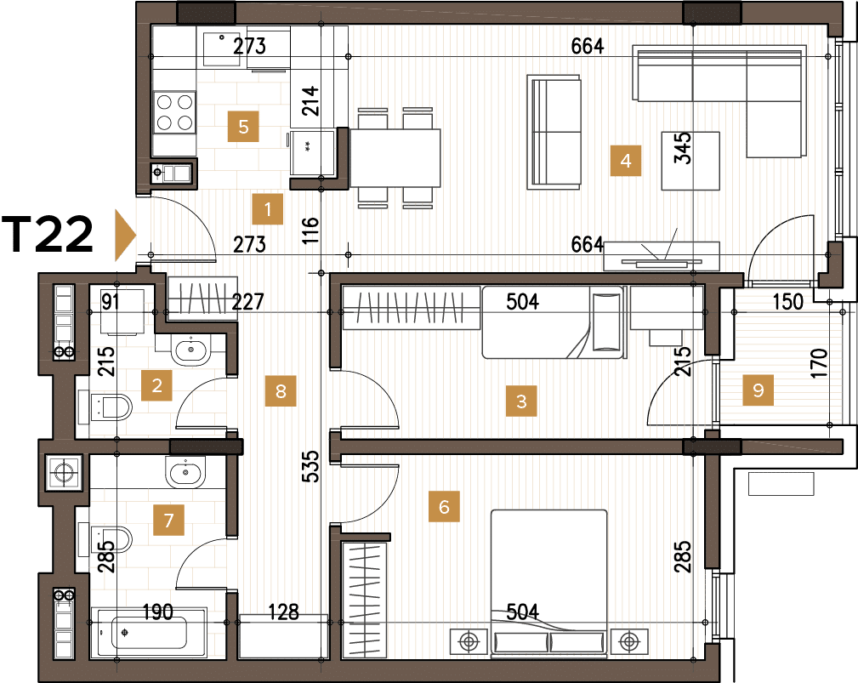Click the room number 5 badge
pos(243,128)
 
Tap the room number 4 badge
pos(626,160)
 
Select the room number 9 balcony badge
pos(759,390)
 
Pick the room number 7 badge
pos(168,519)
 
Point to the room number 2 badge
pos(156,385)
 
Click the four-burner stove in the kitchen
pos(174,111)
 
